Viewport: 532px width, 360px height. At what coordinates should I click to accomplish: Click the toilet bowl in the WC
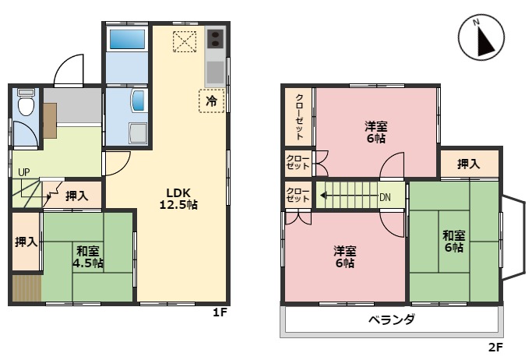[x=26, y=103]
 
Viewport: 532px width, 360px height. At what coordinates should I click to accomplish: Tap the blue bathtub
[x=127, y=40]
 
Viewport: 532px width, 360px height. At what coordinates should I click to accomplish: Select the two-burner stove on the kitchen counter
[x=215, y=38]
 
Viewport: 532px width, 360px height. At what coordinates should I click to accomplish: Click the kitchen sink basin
[x=215, y=72]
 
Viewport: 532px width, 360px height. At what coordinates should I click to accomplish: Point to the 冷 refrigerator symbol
[x=211, y=101]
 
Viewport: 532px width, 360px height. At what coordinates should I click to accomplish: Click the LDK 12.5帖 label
[x=178, y=199]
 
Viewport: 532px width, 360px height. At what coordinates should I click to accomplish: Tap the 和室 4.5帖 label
[x=88, y=257]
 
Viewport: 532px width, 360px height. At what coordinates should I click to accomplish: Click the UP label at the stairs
[x=23, y=172]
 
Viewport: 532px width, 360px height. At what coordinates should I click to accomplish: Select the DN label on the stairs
[x=385, y=197]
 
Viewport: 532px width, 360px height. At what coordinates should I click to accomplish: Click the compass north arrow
[x=484, y=40]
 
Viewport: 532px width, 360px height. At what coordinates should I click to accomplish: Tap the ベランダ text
[x=392, y=319]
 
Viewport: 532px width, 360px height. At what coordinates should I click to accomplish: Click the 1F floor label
[x=220, y=312]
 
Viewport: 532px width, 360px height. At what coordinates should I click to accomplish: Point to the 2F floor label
[x=495, y=347]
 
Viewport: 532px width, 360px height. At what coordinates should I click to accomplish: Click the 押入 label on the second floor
[x=469, y=164]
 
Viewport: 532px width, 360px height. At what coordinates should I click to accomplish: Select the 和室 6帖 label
[x=454, y=242]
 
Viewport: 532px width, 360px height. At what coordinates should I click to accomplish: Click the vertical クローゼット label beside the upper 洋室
[x=300, y=117]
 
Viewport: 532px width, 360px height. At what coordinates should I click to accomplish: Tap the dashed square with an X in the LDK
[x=185, y=41]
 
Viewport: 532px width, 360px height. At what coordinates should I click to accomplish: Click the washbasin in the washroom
[x=139, y=101]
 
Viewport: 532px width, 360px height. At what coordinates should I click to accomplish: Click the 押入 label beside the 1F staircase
[x=77, y=196]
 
